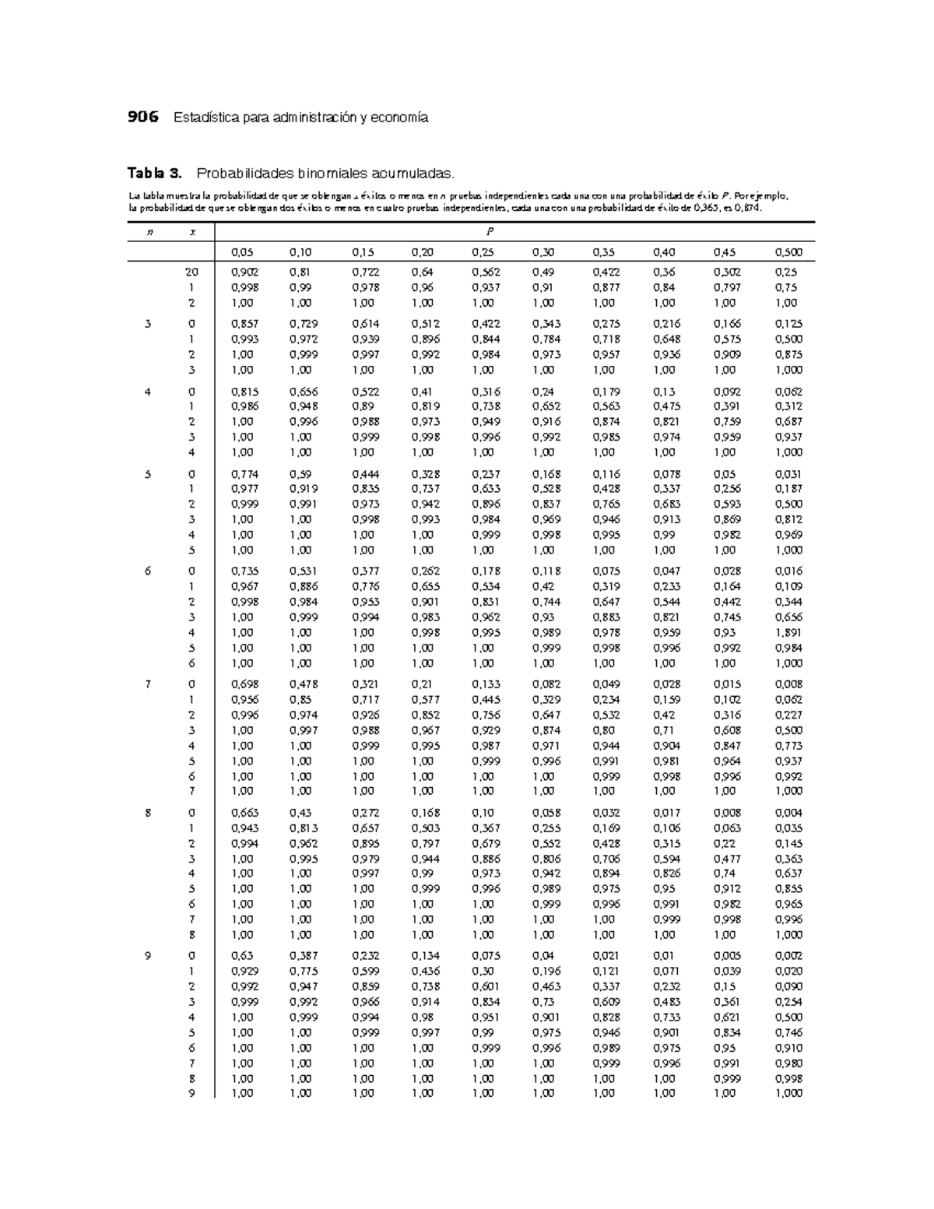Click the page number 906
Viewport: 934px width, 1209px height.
[142, 118]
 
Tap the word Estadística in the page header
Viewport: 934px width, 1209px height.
[205, 118]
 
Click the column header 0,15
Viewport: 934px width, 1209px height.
[363, 252]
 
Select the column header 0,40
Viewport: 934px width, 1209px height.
[665, 252]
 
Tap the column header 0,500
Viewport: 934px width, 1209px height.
[788, 252]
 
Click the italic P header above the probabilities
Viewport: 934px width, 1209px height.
[491, 232]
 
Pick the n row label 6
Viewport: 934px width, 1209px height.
[147, 571]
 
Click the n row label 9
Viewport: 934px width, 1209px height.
[147, 956]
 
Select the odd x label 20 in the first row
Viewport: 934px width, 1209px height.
[191, 272]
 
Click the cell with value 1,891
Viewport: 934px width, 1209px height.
[788, 633]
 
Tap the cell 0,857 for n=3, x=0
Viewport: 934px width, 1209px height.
[245, 324]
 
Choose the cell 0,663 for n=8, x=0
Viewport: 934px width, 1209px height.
[245, 813]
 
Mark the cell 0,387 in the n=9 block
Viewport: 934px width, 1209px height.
[302, 956]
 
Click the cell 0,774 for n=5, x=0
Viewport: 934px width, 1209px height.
[245, 474]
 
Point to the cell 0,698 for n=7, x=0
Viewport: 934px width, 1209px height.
[245, 684]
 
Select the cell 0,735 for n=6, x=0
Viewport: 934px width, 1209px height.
[245, 571]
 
